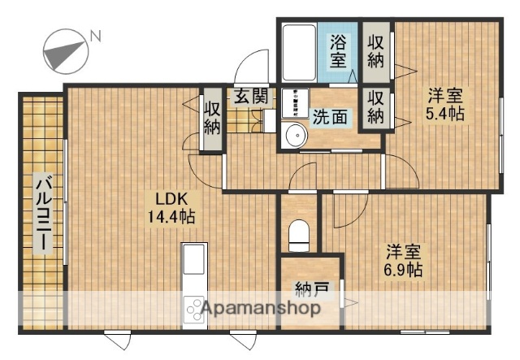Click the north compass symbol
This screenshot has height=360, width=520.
coord(63,50)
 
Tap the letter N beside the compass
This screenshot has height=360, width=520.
coord(96,36)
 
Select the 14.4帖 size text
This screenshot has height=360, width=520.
coord(171,217)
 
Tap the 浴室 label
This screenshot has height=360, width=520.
coord(339,50)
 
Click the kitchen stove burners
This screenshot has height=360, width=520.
coord(196,310)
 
